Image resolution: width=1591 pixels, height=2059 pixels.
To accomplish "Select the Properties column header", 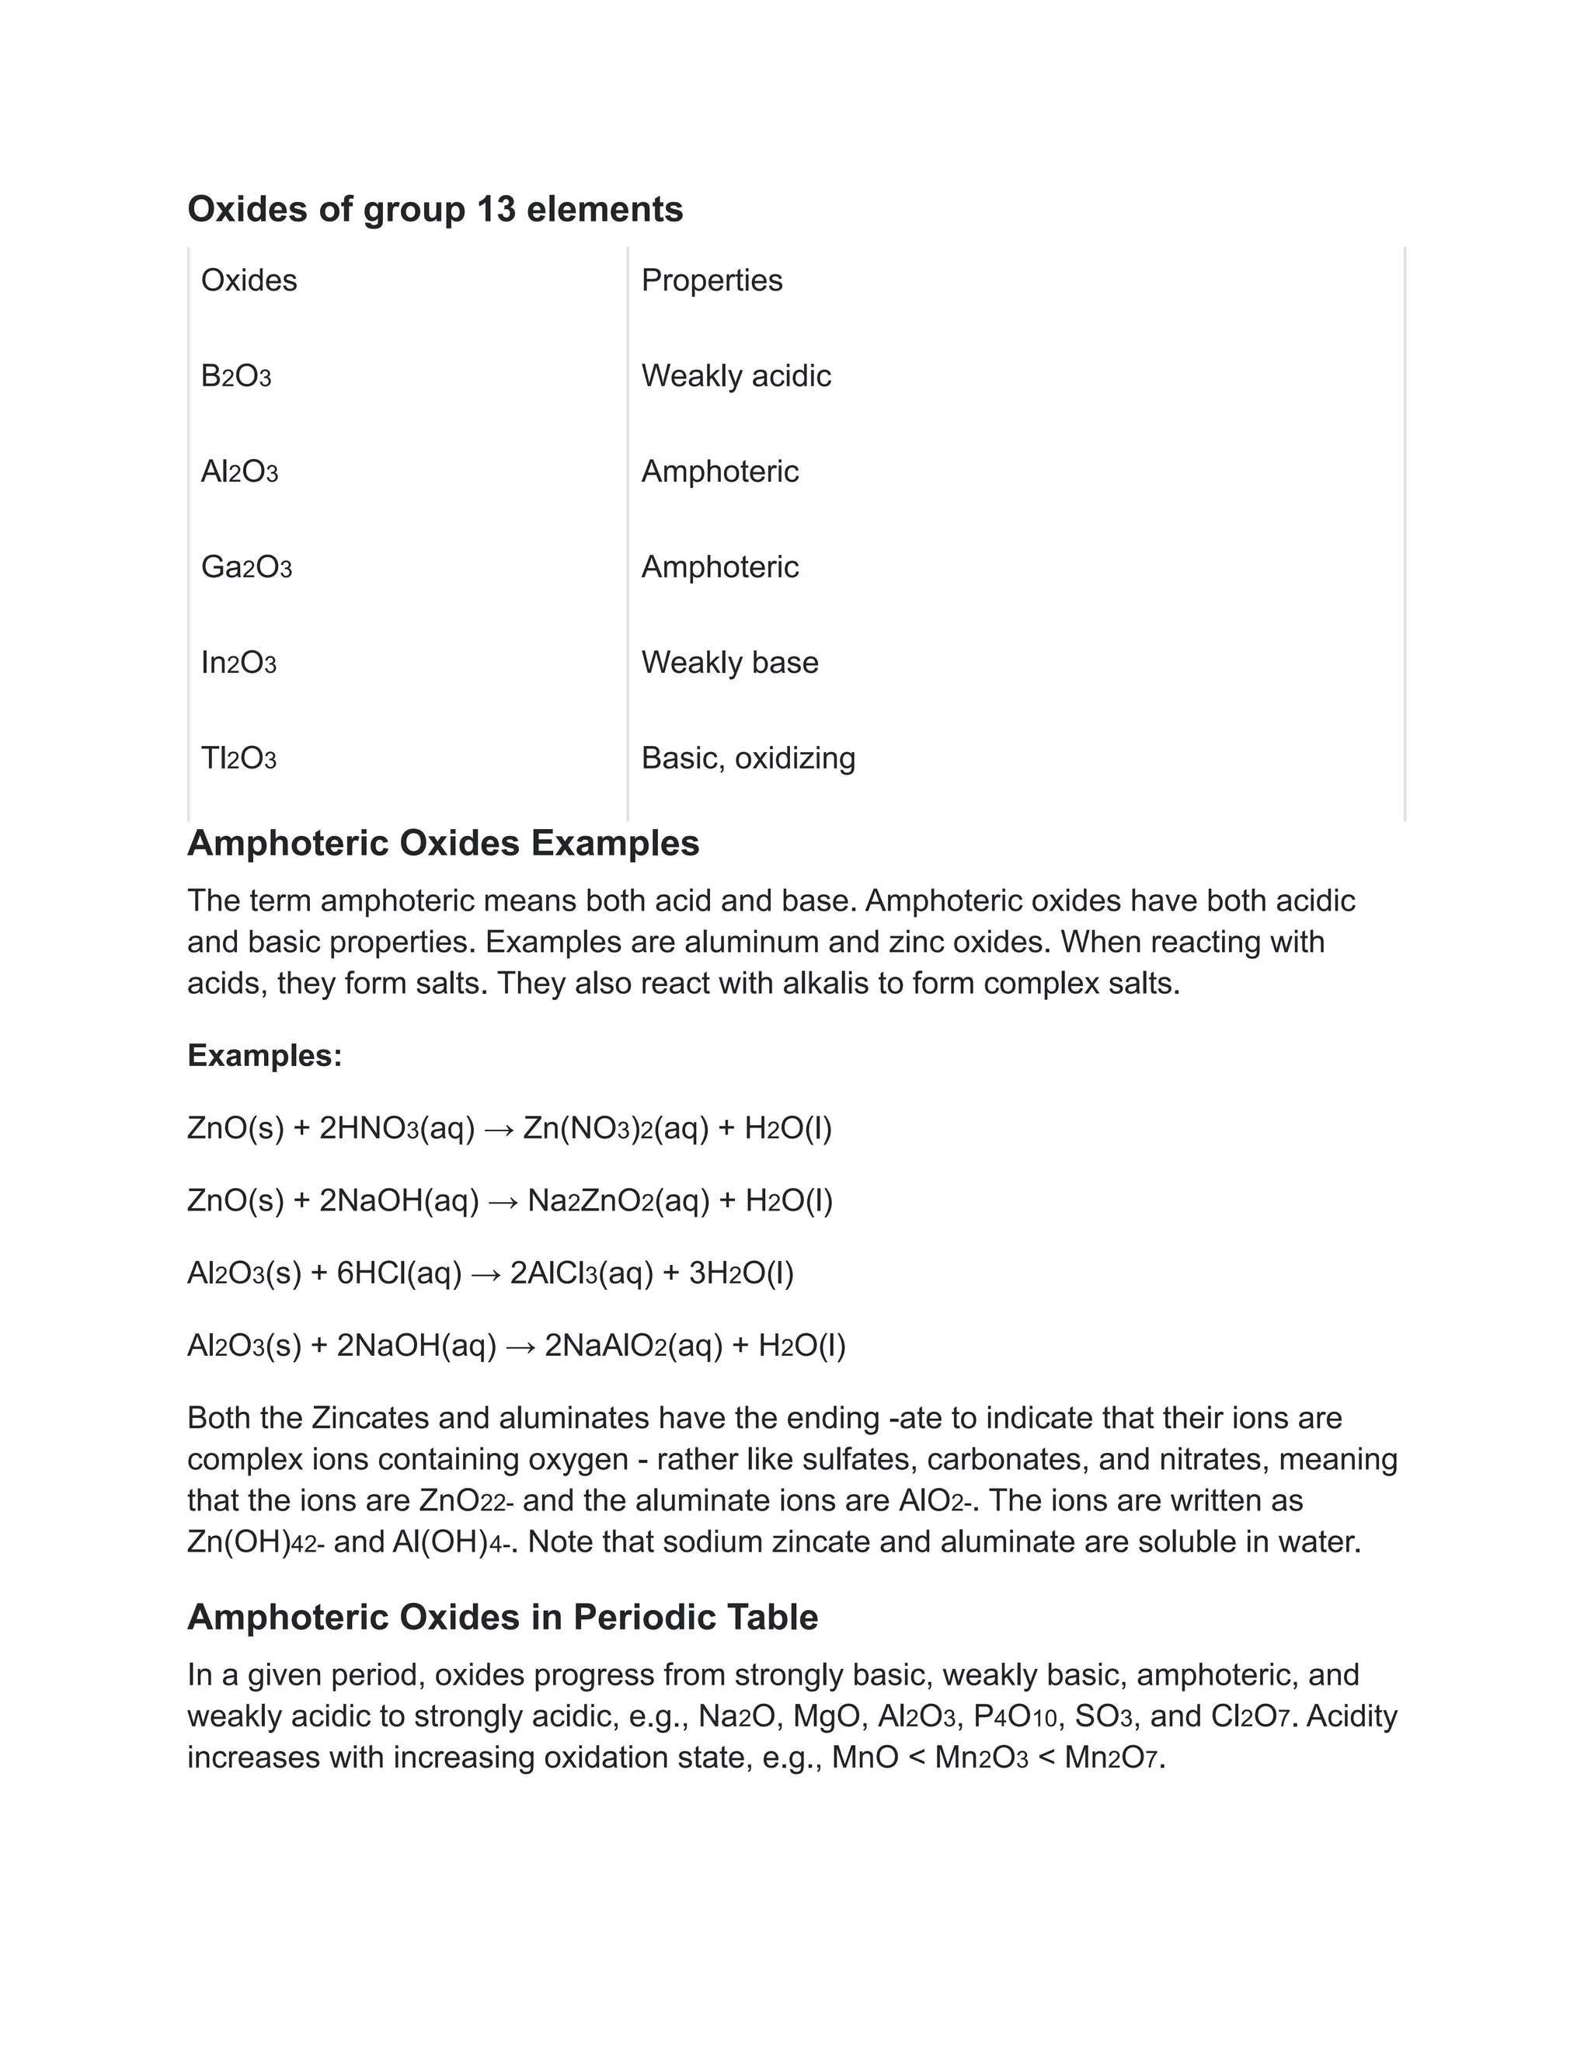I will [712, 280].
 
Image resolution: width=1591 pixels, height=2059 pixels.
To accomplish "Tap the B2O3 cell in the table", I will [235, 376].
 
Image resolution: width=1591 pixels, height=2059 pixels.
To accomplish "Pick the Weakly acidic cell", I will [736, 376].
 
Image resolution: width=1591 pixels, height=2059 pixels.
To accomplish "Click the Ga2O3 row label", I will [246, 567].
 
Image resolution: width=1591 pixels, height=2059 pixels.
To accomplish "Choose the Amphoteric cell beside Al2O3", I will [720, 472].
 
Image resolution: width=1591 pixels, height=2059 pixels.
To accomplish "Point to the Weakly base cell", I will [729, 663].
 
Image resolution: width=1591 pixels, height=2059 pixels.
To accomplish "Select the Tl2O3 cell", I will [238, 758].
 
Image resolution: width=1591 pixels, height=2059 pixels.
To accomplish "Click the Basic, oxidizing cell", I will [748, 758].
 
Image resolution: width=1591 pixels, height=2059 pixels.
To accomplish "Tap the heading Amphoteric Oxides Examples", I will [443, 843].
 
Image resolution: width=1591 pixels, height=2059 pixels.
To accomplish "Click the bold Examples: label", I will [265, 1056].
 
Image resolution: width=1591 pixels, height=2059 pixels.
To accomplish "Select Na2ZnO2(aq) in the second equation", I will [618, 1201].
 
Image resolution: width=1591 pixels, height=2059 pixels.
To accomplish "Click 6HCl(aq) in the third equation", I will [399, 1273].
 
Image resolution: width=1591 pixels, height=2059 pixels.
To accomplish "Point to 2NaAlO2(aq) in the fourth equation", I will [633, 1347].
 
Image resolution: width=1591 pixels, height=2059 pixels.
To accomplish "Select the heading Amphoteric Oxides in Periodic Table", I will [503, 1618].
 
